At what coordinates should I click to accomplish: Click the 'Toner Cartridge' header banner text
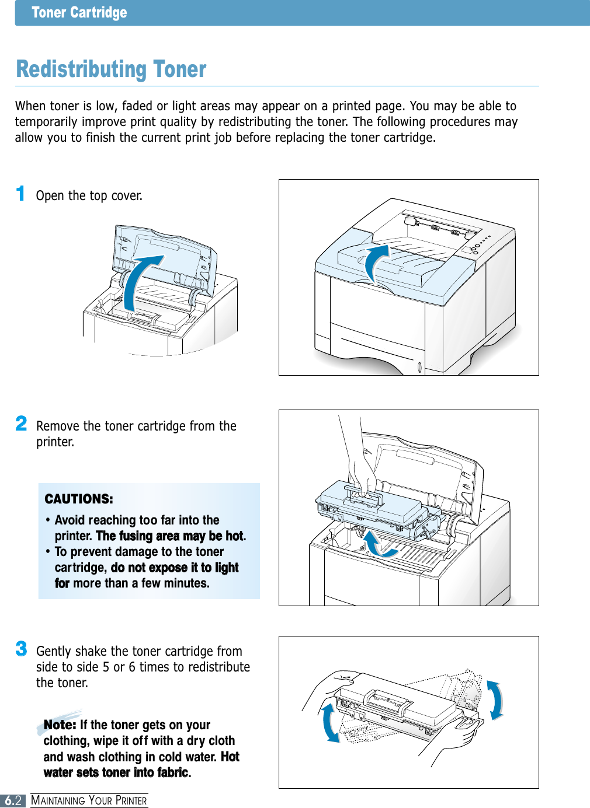79,13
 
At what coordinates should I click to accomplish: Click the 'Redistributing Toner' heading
111,69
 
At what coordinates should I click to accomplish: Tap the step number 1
20,194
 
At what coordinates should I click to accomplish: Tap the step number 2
21,424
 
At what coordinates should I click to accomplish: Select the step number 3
21,649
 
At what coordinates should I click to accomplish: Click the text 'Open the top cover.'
89,195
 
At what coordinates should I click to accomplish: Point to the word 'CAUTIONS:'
79,499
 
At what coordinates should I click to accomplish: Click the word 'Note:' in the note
60,725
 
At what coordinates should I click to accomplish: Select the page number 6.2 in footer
13,800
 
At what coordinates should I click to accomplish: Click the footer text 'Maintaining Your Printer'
89,800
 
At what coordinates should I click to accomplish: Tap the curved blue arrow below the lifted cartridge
379,545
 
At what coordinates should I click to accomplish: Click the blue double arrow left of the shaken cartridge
330,721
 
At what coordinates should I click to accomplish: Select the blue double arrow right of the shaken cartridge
495,700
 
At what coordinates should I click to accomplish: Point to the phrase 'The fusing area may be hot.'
171,536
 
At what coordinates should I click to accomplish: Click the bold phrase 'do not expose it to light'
175,568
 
